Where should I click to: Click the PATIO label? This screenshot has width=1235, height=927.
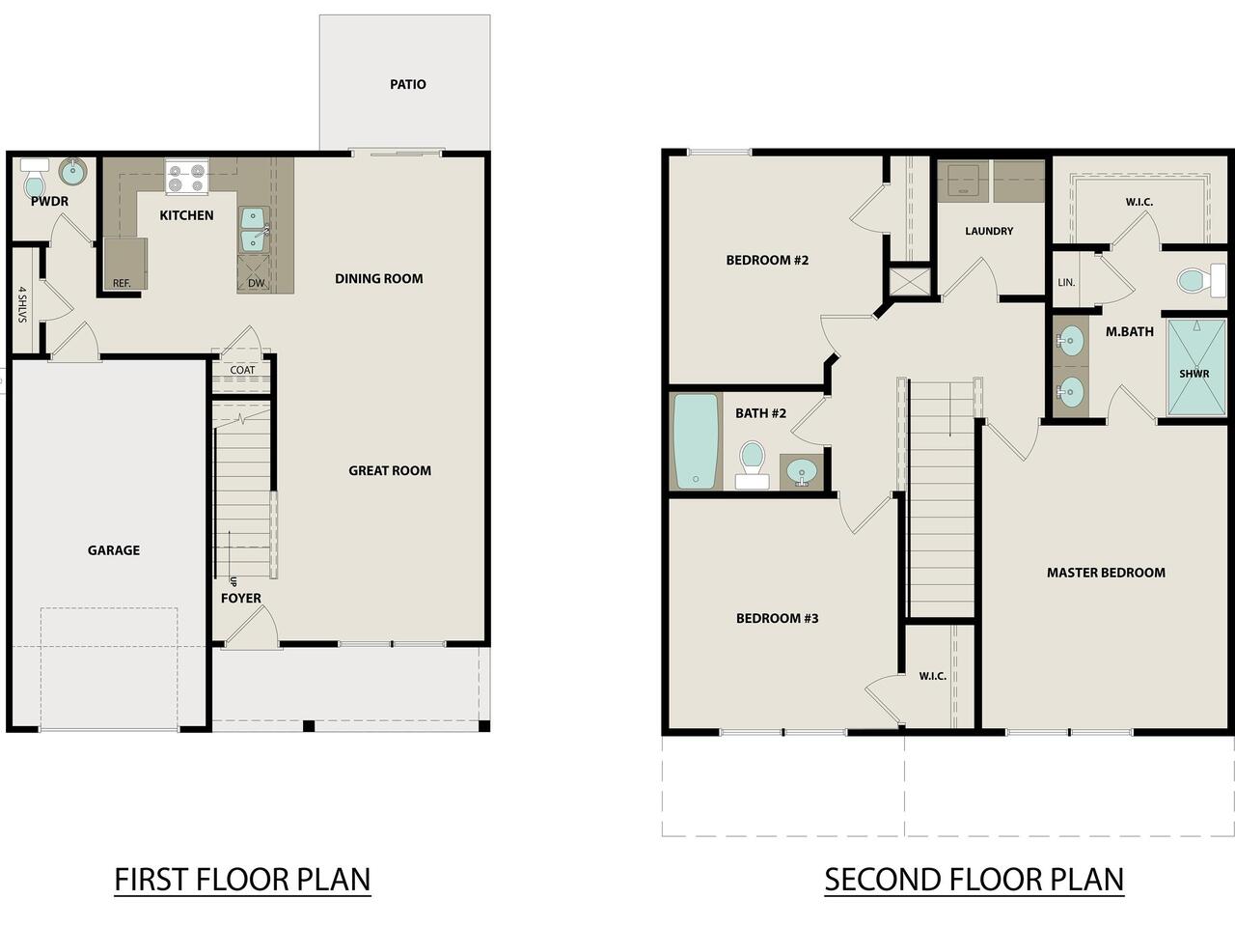(x=408, y=84)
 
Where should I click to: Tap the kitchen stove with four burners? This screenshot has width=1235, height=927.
(x=186, y=177)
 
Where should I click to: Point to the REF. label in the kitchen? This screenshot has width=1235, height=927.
(x=122, y=283)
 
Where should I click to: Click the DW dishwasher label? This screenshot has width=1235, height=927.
(x=256, y=283)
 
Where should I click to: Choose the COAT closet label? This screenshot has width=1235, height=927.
(x=242, y=370)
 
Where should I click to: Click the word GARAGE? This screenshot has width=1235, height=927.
(x=114, y=549)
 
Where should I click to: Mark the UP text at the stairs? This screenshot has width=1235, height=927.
(x=233, y=581)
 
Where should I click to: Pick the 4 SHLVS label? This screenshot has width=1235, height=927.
(x=22, y=304)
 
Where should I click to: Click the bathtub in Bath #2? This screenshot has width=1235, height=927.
(x=696, y=440)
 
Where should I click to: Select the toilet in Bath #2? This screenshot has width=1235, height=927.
(x=753, y=464)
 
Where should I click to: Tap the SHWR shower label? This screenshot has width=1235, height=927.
(x=1194, y=374)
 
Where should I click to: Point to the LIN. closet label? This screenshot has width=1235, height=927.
(x=1066, y=283)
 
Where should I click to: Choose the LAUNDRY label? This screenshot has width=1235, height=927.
(x=989, y=231)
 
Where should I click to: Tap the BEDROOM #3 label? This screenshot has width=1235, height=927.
(x=777, y=618)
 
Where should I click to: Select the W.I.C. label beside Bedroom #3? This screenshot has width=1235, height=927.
(x=932, y=676)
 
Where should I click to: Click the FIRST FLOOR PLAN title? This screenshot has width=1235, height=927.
(x=242, y=880)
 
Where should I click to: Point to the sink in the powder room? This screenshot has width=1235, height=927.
(x=72, y=171)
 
